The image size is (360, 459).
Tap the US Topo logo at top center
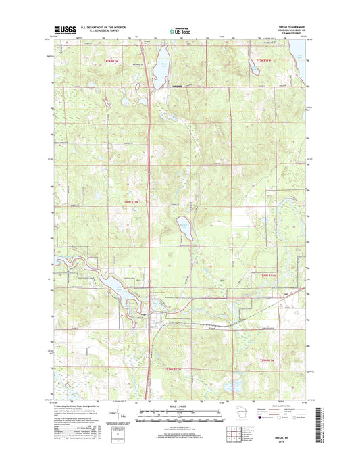click(179, 30)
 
